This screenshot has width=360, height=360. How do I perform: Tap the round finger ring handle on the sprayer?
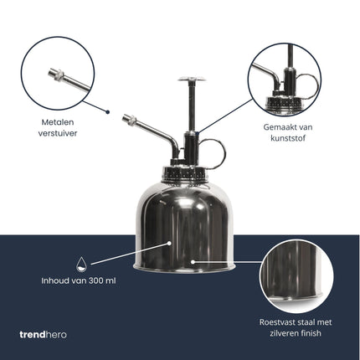(x=213, y=153)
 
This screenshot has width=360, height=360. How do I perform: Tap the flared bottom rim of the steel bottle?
(x=186, y=267)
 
